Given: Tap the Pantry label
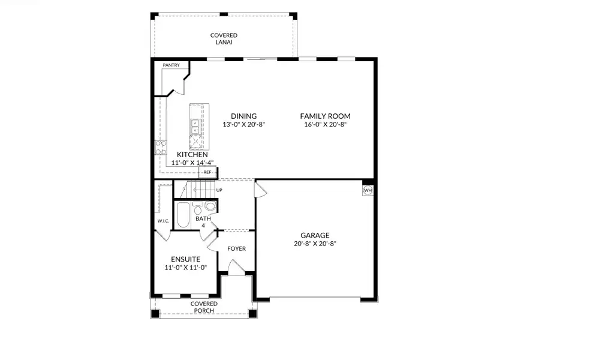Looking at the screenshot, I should point(171,65).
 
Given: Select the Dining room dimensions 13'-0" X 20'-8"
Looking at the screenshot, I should point(243,125).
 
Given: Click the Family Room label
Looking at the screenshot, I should point(325,116).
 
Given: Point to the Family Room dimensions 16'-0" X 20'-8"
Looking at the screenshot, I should point(325,125).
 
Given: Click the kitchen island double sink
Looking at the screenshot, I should point(196,126).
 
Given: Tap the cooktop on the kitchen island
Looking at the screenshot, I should point(196,142).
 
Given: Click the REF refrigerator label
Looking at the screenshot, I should point(207,172).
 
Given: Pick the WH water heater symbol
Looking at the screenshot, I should point(368,191).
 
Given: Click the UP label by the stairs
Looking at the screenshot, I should point(219,190).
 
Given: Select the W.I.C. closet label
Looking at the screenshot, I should point(162,221).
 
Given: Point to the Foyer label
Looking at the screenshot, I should point(236,248).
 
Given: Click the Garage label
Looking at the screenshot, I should point(315,236).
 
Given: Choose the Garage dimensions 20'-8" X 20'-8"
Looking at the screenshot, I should point(315,244).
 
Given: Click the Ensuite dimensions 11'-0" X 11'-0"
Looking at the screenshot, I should point(185,268).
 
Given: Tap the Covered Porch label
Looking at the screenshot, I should point(204,307).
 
